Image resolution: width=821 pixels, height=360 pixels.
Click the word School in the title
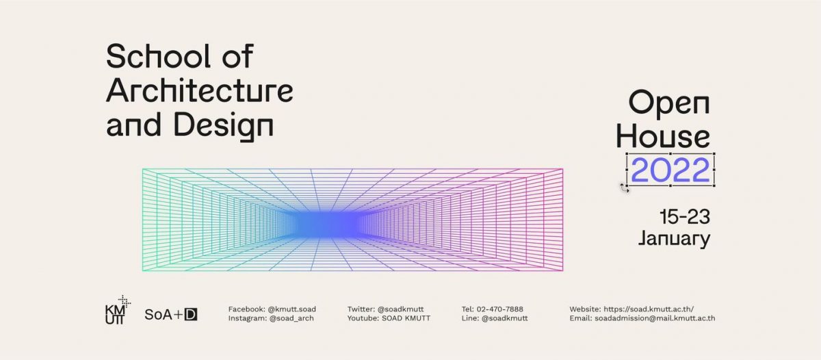point(158,56)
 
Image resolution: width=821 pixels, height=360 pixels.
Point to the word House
point(663,136)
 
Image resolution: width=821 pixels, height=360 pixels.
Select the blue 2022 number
point(670,170)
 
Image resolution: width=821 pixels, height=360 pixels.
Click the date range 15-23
point(685,217)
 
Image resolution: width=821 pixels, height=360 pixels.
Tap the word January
point(675,239)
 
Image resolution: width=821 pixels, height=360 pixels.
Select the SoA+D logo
point(171,315)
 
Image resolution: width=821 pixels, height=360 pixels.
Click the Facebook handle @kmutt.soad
point(291,309)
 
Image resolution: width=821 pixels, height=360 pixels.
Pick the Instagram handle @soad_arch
point(291,318)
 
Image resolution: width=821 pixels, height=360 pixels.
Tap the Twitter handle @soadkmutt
point(401,309)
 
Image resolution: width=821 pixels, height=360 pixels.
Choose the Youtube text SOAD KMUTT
point(406,318)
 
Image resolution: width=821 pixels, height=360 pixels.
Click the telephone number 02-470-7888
point(500,309)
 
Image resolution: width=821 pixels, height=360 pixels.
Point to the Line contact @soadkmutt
point(505,318)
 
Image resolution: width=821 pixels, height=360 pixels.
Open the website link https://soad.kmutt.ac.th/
point(649,309)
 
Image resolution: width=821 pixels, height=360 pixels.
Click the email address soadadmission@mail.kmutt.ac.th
point(655,318)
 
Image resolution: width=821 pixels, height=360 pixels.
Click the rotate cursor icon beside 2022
point(624,188)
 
